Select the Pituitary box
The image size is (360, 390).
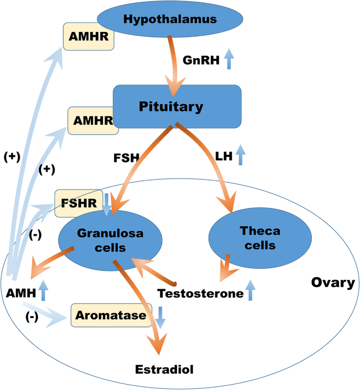pos(177,107)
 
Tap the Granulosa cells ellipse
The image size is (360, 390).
pos(111,240)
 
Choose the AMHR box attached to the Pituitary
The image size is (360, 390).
pos(92,120)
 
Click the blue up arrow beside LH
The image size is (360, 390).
pos(240,156)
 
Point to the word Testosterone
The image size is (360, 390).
pos(200,293)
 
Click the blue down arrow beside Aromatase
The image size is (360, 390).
pos(160,317)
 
